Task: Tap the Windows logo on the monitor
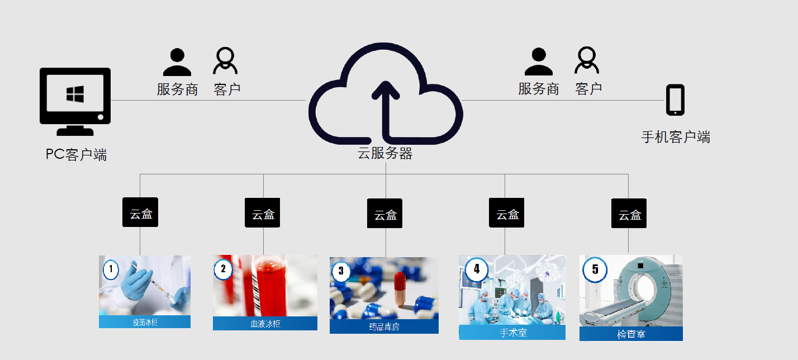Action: [75, 93]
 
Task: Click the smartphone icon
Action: [675, 100]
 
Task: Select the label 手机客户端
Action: [676, 137]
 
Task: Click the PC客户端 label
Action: [76, 155]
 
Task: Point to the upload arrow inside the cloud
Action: [386, 109]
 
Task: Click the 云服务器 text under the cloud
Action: [385, 154]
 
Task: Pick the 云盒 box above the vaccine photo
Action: [140, 213]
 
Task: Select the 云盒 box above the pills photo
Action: [386, 214]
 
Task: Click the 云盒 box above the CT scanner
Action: [629, 214]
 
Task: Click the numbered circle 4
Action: [477, 269]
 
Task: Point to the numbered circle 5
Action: [595, 269]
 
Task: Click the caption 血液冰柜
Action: [265, 324]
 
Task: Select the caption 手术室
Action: [512, 333]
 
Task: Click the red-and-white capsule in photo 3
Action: [399, 288]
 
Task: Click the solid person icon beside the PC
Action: [177, 62]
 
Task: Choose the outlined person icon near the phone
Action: [587, 60]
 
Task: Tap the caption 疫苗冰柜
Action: [145, 322]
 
